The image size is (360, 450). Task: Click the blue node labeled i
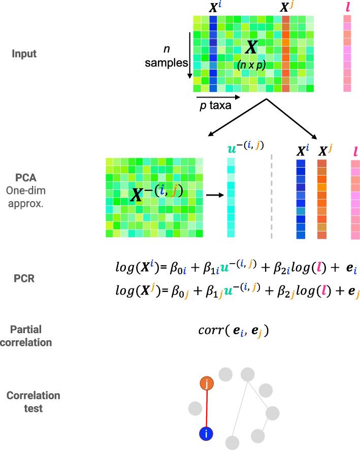(x=206, y=434)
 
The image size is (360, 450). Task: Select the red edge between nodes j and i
(x=206, y=409)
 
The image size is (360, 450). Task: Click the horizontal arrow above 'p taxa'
(x=216, y=97)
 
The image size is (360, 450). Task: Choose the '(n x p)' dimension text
(x=251, y=65)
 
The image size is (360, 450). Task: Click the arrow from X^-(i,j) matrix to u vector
(x=213, y=194)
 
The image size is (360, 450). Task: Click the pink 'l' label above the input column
(x=347, y=9)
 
